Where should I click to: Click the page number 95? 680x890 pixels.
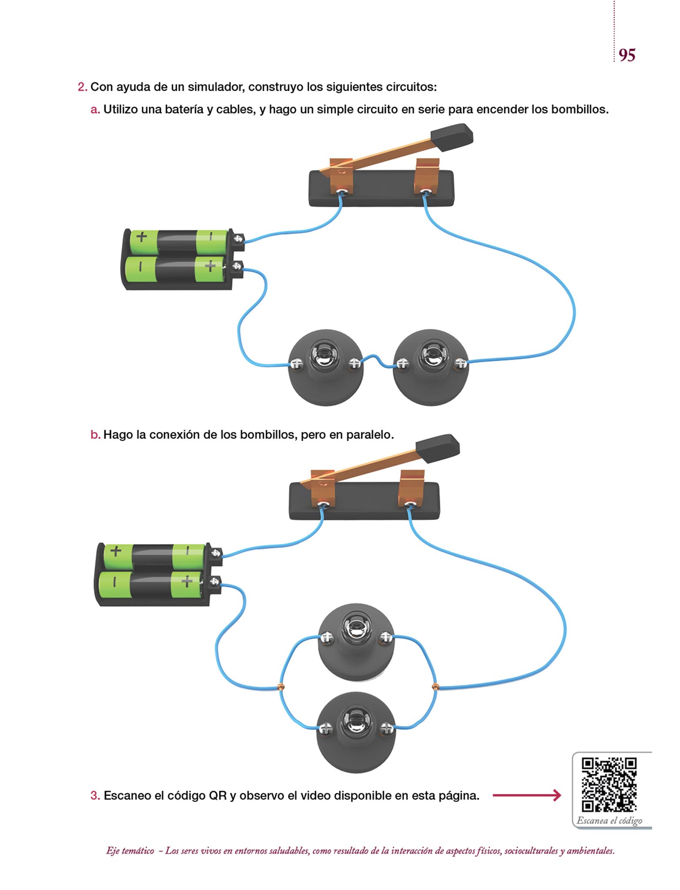coord(627,55)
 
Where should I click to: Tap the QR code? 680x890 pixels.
coord(609,784)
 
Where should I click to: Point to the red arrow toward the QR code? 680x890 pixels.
coord(527,796)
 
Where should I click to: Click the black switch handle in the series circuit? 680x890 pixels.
coord(452,136)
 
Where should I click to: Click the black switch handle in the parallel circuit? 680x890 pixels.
coord(437,448)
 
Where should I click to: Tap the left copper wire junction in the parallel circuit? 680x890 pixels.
coord(281,687)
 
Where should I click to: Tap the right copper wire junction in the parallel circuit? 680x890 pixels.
coord(435,687)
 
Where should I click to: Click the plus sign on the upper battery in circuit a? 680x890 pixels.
coord(142,237)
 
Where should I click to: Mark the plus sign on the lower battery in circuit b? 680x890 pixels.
coord(187,581)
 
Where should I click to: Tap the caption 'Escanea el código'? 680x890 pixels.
coord(609,821)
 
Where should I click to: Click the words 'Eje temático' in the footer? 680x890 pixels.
coord(130,851)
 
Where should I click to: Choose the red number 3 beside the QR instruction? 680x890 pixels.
coord(95,796)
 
